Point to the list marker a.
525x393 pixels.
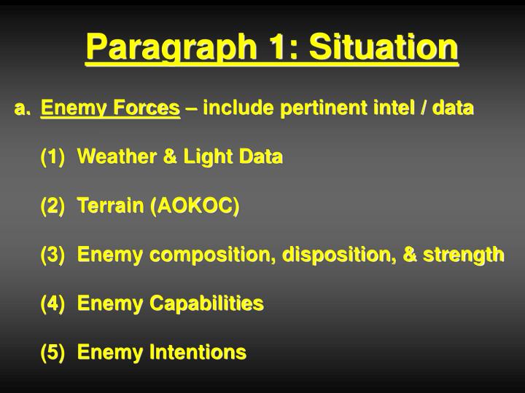click(23, 108)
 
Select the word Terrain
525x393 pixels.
click(110, 206)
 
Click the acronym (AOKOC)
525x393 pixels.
click(195, 206)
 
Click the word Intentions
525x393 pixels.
click(198, 352)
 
